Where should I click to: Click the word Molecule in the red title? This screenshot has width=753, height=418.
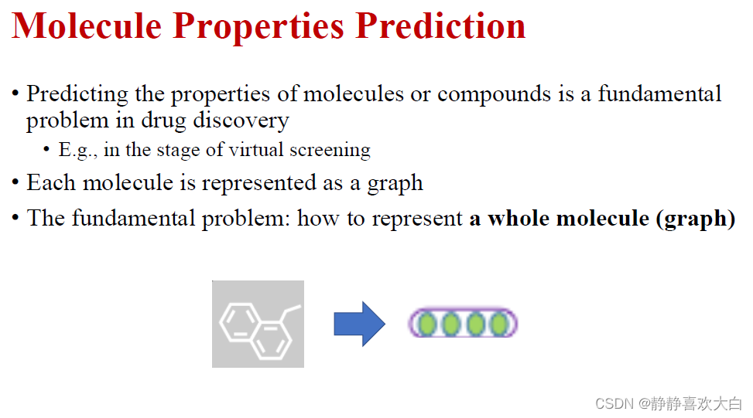(87, 26)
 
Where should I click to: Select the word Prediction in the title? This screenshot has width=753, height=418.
(440, 26)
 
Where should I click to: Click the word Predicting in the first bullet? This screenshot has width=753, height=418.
(77, 94)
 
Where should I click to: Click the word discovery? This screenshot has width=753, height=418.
(241, 121)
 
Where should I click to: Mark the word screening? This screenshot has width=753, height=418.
(330, 151)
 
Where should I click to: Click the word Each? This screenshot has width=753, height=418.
(51, 182)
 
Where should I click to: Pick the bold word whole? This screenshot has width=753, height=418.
(519, 219)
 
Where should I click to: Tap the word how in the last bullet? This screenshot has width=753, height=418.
(318, 219)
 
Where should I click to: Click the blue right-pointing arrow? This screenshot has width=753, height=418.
(360, 324)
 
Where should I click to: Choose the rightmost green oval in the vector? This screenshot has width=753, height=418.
(500, 324)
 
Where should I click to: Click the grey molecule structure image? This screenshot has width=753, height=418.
(258, 324)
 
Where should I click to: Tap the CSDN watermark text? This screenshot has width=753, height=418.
(669, 403)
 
